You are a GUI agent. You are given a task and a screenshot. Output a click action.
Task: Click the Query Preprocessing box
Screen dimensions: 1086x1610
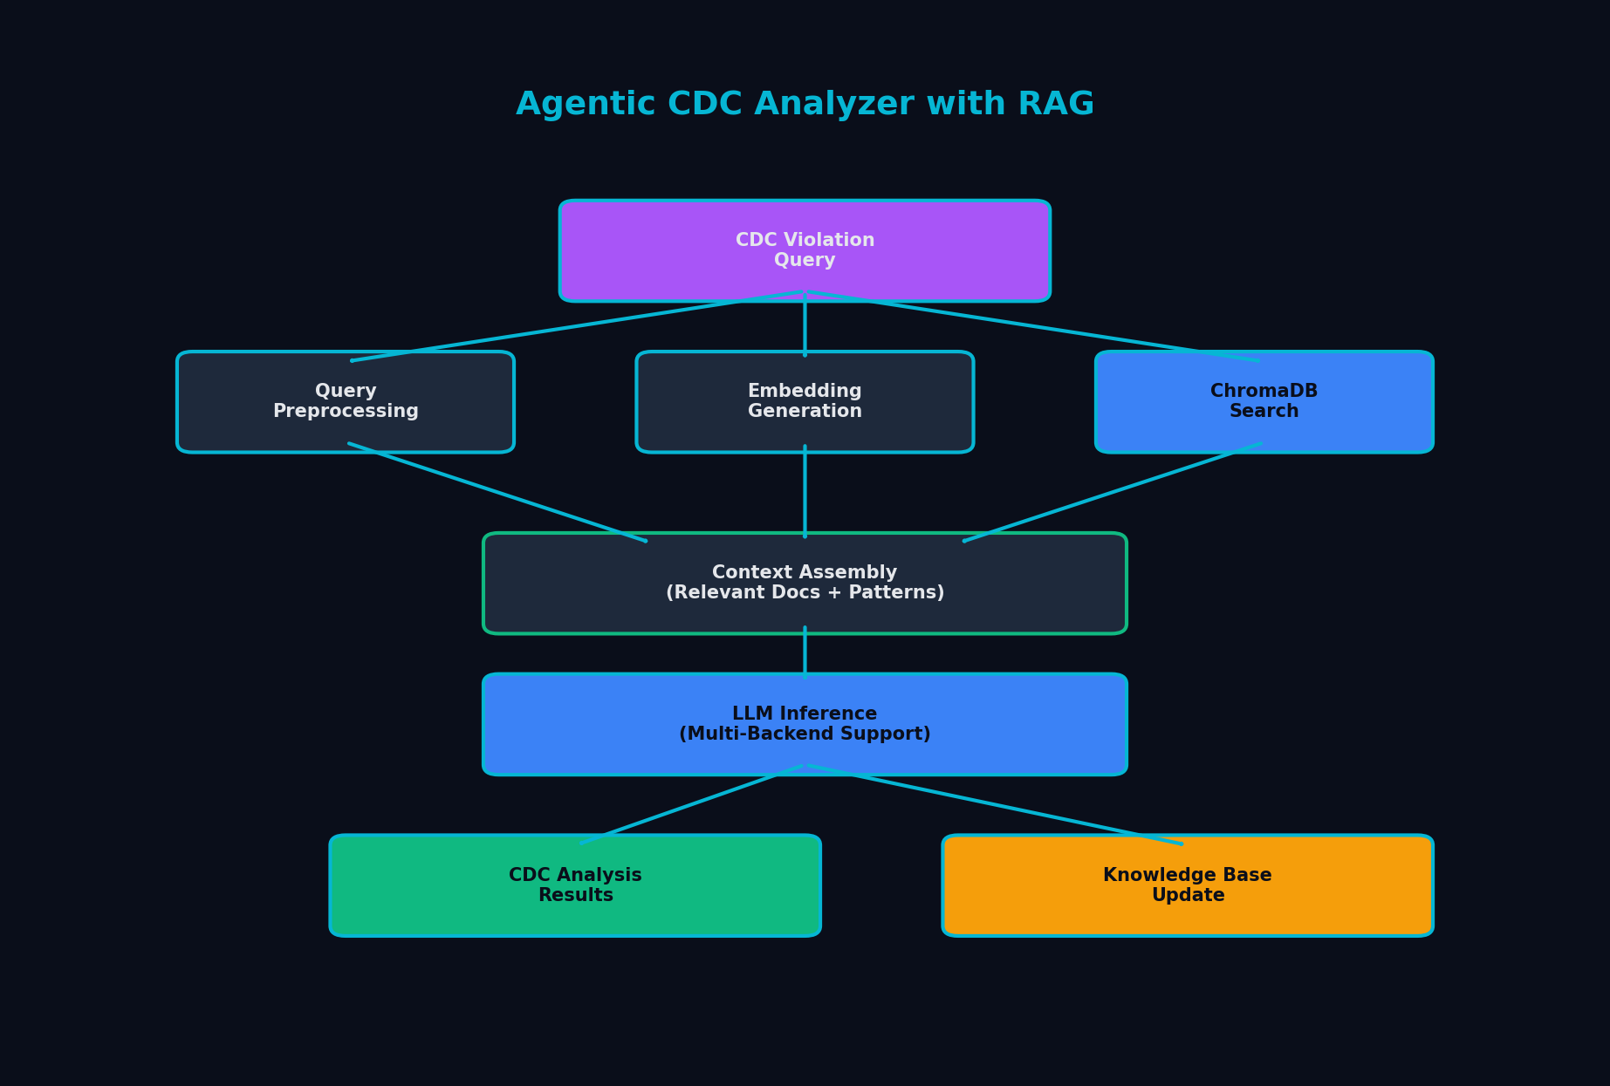(345, 402)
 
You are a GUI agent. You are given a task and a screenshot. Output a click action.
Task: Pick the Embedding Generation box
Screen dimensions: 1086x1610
(804, 402)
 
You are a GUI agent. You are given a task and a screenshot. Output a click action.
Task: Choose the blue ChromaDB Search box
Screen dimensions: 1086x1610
(1264, 402)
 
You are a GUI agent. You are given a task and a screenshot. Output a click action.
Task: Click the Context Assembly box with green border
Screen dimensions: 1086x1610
(804, 583)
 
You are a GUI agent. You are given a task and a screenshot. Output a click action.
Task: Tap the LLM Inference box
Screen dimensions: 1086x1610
(804, 724)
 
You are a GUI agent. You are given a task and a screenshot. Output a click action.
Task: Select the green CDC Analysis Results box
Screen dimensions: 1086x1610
(574, 885)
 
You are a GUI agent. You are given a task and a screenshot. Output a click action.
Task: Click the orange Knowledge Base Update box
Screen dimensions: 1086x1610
(1187, 885)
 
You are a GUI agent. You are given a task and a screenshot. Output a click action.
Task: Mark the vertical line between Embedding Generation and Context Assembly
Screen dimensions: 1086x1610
(805, 493)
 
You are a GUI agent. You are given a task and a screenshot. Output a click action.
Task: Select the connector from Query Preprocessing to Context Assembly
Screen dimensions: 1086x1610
(497, 493)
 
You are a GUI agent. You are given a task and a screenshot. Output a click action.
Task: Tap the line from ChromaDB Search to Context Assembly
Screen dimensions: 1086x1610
(1113, 493)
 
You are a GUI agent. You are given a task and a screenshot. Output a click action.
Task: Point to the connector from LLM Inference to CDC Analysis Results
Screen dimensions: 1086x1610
(691, 805)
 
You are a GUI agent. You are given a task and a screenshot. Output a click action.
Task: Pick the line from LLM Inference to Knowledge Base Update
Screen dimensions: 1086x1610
(995, 805)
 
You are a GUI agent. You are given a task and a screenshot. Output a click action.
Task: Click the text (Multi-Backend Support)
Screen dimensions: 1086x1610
(804, 734)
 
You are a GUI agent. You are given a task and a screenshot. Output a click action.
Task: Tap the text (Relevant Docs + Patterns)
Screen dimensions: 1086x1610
(804, 593)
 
